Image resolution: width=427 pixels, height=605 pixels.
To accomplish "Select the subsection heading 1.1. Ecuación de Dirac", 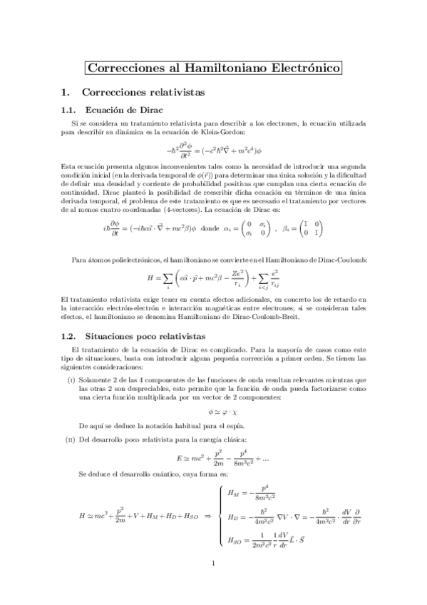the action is [113, 110].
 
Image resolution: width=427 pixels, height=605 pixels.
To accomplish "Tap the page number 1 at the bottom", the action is [214, 584].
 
